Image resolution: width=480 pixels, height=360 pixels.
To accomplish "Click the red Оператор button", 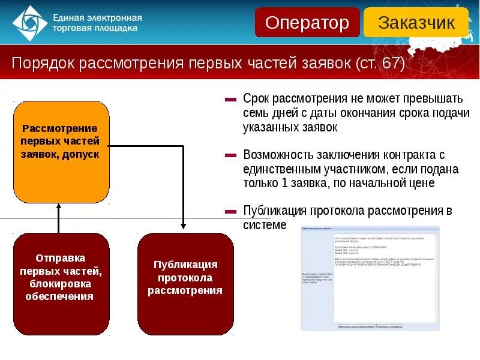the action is click(307, 23).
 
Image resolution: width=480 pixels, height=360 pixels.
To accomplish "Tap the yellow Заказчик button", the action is click(416, 23).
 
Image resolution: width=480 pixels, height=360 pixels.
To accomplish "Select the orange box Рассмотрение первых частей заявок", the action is click(61, 152).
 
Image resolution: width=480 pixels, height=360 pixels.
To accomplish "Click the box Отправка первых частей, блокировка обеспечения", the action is click(61, 284).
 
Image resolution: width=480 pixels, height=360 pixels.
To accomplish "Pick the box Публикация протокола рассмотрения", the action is click(185, 284).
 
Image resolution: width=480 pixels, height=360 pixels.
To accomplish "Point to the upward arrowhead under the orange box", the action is click(59, 206).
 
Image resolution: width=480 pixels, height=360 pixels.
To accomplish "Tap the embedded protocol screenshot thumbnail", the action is click(370, 278).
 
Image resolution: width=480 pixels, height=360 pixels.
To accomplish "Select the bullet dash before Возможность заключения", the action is click(230, 155).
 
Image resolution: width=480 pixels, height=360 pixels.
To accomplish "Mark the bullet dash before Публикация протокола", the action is click(230, 211).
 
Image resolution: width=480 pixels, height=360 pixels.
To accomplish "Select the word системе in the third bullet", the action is click(265, 225).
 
